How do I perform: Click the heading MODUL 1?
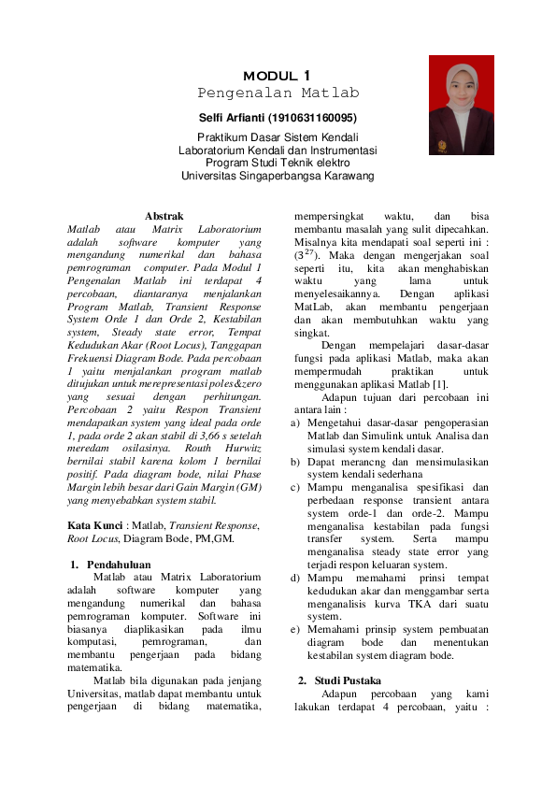point(278,75)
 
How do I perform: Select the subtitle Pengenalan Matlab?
point(278,93)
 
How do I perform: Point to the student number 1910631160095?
point(311,118)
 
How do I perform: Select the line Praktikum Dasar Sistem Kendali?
point(278,138)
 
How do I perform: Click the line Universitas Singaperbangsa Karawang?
point(278,175)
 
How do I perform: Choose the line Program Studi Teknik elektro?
point(278,163)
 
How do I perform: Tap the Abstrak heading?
point(164,217)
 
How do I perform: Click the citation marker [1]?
point(438,383)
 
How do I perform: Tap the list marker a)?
point(296,422)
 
